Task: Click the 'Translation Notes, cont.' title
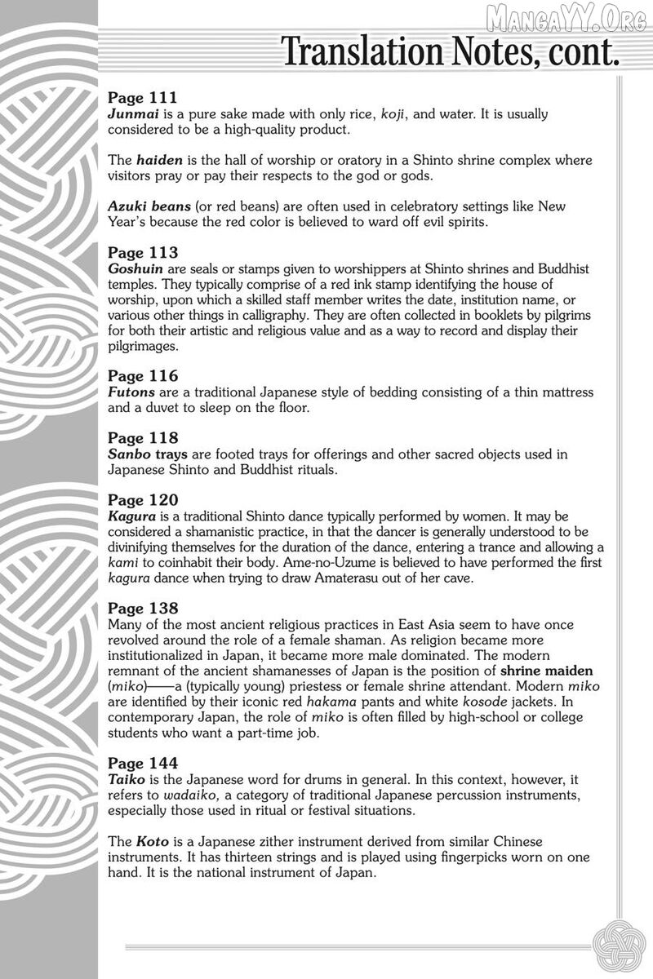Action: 450,52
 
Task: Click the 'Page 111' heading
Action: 143,99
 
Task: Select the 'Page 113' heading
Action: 143,254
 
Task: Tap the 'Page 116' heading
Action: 143,377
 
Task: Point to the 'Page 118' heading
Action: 143,439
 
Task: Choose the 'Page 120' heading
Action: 143,500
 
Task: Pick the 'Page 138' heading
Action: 143,609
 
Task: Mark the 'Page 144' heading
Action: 143,763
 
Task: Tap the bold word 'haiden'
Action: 158,161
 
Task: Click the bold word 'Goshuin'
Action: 134,269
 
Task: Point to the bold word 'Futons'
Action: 131,392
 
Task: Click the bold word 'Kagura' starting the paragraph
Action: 131,516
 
